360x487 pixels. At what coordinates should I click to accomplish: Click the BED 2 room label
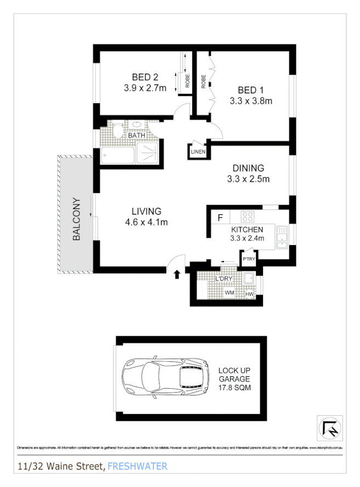coord(145,76)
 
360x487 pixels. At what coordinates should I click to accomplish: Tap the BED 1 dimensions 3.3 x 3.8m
coord(251,100)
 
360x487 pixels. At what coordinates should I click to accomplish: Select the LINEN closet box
coord(197,152)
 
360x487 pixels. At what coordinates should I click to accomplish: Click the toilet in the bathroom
coord(117,130)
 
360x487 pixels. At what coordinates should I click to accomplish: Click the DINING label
coord(248,168)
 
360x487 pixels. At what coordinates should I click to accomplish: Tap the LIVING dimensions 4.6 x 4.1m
coord(146,222)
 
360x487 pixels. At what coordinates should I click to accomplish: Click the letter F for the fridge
coord(220,218)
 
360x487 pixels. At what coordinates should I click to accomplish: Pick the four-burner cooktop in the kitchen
coord(248,217)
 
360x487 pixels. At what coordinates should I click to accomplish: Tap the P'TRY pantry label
coord(248,259)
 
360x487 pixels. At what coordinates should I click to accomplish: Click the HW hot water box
coord(249,295)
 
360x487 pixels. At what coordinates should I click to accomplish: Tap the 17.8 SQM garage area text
coord(235,388)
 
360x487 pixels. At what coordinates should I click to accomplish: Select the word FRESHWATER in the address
coord(138,467)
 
